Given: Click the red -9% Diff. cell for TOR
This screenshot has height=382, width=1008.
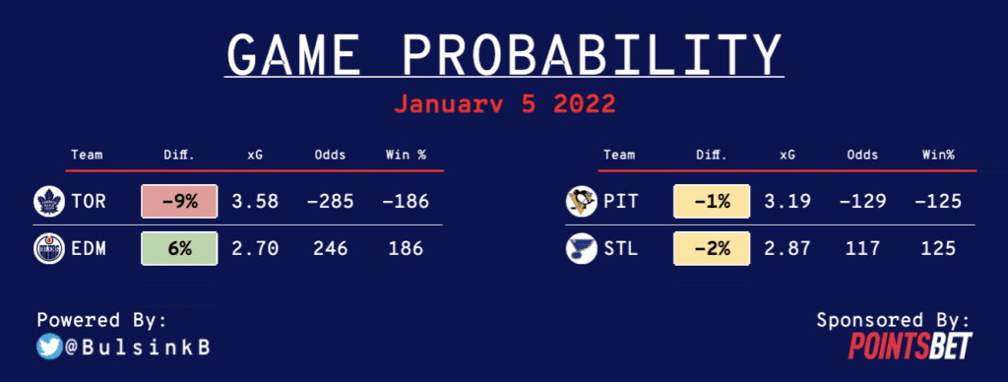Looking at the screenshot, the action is tap(179, 201).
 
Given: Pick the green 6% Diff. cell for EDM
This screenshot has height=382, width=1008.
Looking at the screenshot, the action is tap(179, 248).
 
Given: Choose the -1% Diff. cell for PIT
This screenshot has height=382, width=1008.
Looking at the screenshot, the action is tap(712, 201).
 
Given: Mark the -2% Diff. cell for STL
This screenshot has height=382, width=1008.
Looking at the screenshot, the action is tap(712, 248).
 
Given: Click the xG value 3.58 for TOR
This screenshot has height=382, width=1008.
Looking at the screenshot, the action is tap(255, 202).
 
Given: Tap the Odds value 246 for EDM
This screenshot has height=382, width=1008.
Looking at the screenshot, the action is tap(331, 249).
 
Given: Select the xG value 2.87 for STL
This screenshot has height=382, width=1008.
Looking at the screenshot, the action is tap(787, 249).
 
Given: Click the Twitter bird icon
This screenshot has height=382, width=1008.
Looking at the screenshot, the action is tap(49, 348).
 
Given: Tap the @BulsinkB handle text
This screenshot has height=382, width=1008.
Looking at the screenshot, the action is tap(137, 348).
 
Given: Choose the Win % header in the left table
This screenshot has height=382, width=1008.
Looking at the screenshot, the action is tap(406, 155).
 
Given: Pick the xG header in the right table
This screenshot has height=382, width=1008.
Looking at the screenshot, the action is tap(787, 155).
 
